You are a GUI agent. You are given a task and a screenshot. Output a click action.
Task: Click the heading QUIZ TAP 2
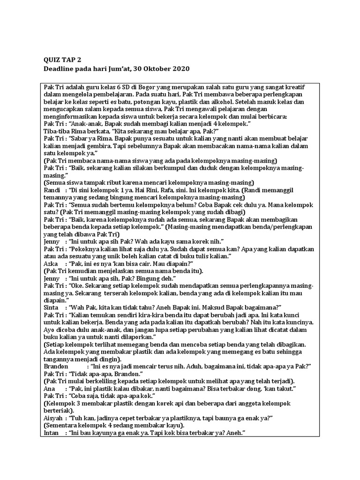[x=62, y=60]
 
